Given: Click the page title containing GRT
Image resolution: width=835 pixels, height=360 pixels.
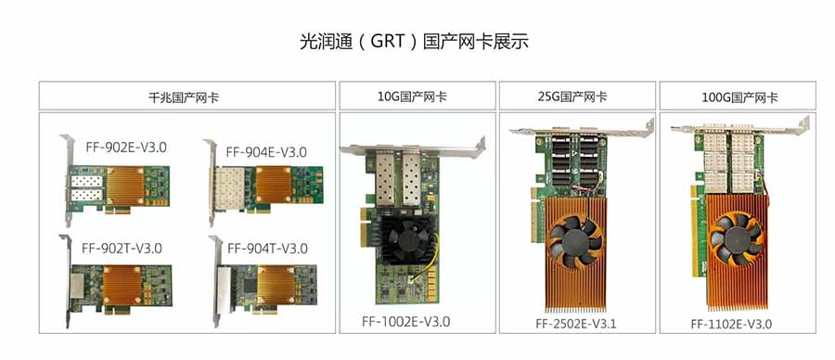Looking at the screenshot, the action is pos(414,41).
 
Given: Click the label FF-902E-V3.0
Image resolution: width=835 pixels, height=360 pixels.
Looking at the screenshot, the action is pos(126,147).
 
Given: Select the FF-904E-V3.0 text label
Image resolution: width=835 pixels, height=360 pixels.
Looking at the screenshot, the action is pos(266,152).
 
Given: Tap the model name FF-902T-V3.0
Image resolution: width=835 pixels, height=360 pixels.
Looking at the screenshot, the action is pos(122,248).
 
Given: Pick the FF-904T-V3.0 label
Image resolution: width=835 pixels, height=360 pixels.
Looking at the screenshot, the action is pos(267,248).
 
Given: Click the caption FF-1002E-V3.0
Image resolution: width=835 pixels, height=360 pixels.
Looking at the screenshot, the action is pos(405,322).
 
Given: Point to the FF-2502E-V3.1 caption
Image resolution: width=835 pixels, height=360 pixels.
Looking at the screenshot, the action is pos(575,324).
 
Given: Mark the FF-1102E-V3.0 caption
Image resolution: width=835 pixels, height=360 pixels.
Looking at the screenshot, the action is pos(731,324).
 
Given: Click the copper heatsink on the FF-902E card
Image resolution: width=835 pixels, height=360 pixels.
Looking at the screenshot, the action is pos(126,185).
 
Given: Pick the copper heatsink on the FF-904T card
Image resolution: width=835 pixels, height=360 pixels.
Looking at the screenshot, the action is pos(276,285).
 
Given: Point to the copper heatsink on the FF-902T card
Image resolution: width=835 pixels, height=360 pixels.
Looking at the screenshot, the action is pos(122,285).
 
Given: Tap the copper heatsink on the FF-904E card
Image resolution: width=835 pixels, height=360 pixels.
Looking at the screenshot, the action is pos(274,185).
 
